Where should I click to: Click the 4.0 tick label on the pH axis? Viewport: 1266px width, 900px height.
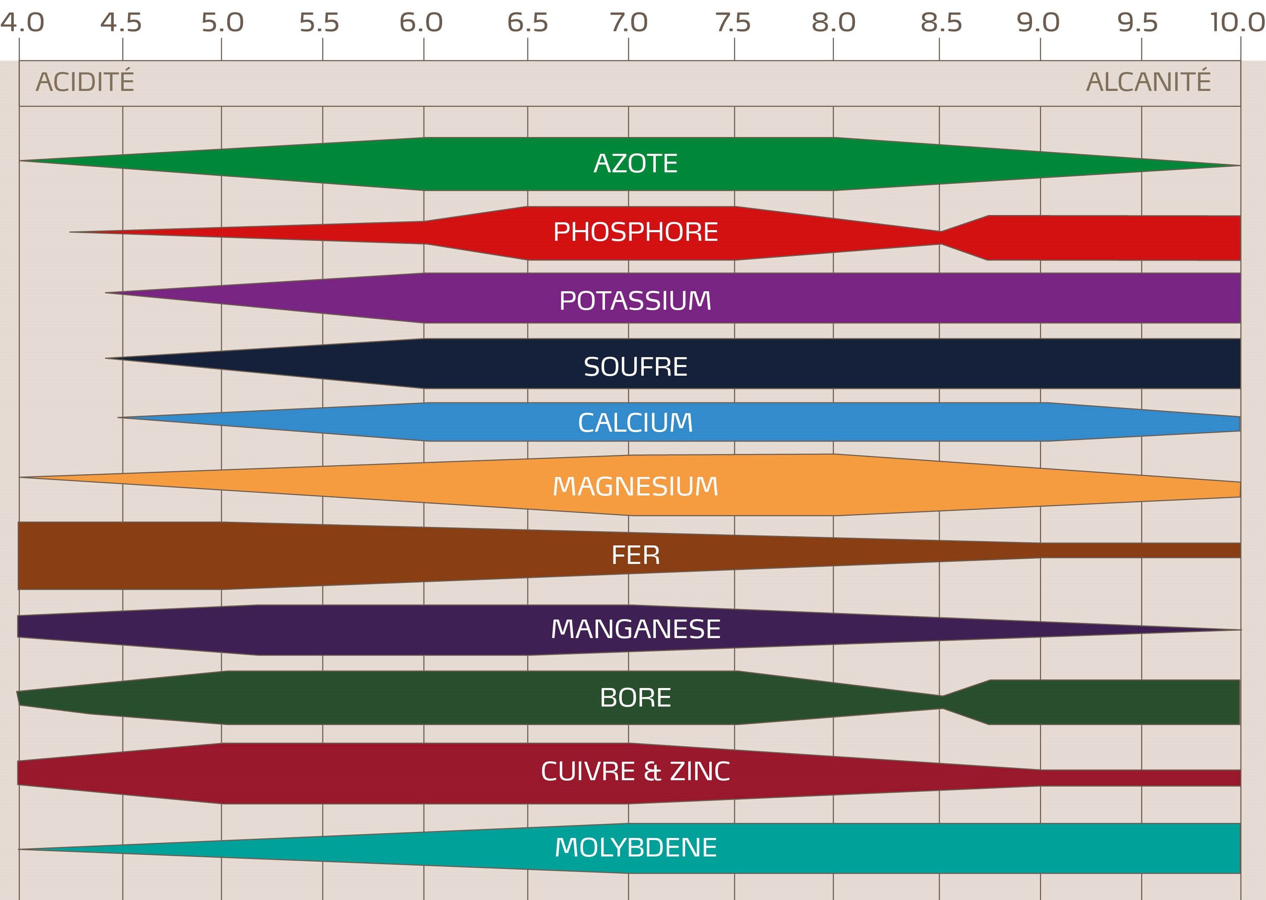point(22,23)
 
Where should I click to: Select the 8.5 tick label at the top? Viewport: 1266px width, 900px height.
point(941,23)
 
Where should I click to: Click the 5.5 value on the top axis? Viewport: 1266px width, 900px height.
point(319,23)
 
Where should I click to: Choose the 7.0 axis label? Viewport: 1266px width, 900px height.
point(629,23)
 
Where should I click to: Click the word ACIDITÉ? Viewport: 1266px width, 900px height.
point(85,82)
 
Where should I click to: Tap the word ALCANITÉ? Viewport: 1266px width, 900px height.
point(1148,82)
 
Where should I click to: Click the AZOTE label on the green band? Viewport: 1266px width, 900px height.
point(635,163)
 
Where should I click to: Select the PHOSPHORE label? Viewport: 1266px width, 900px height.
point(635,232)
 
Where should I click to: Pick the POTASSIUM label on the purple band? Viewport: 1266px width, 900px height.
point(635,301)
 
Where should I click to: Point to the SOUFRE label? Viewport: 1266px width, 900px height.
point(635,367)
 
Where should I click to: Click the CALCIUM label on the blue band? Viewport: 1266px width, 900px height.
point(635,423)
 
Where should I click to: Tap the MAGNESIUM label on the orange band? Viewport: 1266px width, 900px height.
point(635,486)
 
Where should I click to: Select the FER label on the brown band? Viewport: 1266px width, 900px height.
point(635,555)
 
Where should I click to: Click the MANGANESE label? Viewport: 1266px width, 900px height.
point(635,629)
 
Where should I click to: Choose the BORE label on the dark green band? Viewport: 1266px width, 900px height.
point(635,698)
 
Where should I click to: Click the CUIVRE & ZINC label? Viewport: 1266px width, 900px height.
point(635,772)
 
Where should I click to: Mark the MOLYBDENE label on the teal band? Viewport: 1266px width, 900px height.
point(635,847)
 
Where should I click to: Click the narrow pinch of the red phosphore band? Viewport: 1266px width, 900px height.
point(940,238)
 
